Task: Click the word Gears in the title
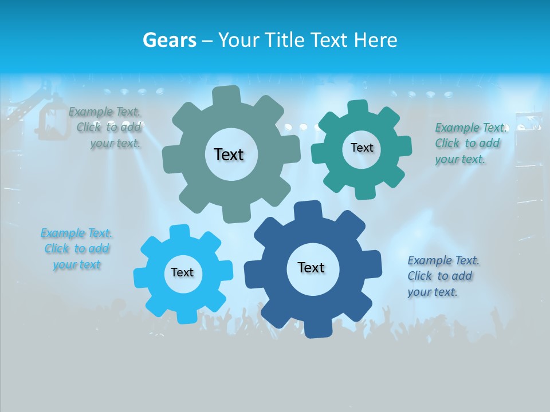pos(170,40)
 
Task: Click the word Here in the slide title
pos(375,40)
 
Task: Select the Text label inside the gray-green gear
pos(229,154)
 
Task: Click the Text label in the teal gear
pos(362,148)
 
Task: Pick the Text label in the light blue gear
pos(182,272)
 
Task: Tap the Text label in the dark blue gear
pos(311,267)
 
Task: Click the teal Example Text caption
pos(470,143)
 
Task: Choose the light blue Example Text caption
pos(77,249)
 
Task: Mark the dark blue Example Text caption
pos(442,276)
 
